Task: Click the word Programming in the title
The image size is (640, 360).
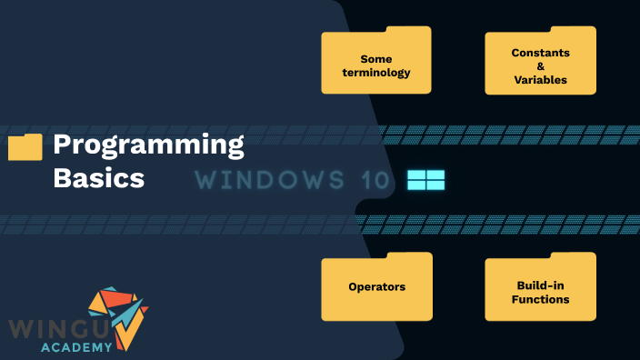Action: click(148, 145)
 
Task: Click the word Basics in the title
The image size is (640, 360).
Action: click(98, 176)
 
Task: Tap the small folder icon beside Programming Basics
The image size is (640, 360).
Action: click(25, 147)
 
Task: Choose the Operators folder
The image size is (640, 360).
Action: click(376, 287)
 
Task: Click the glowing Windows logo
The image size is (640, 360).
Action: click(425, 179)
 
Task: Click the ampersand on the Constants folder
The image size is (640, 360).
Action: click(540, 66)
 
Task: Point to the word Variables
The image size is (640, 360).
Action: click(540, 79)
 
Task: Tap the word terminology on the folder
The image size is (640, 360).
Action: click(376, 73)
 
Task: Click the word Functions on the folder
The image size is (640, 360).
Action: click(540, 299)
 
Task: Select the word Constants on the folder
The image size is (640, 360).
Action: click(540, 53)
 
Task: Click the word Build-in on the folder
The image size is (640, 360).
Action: click(540, 285)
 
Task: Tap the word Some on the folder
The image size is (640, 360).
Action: click(376, 59)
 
